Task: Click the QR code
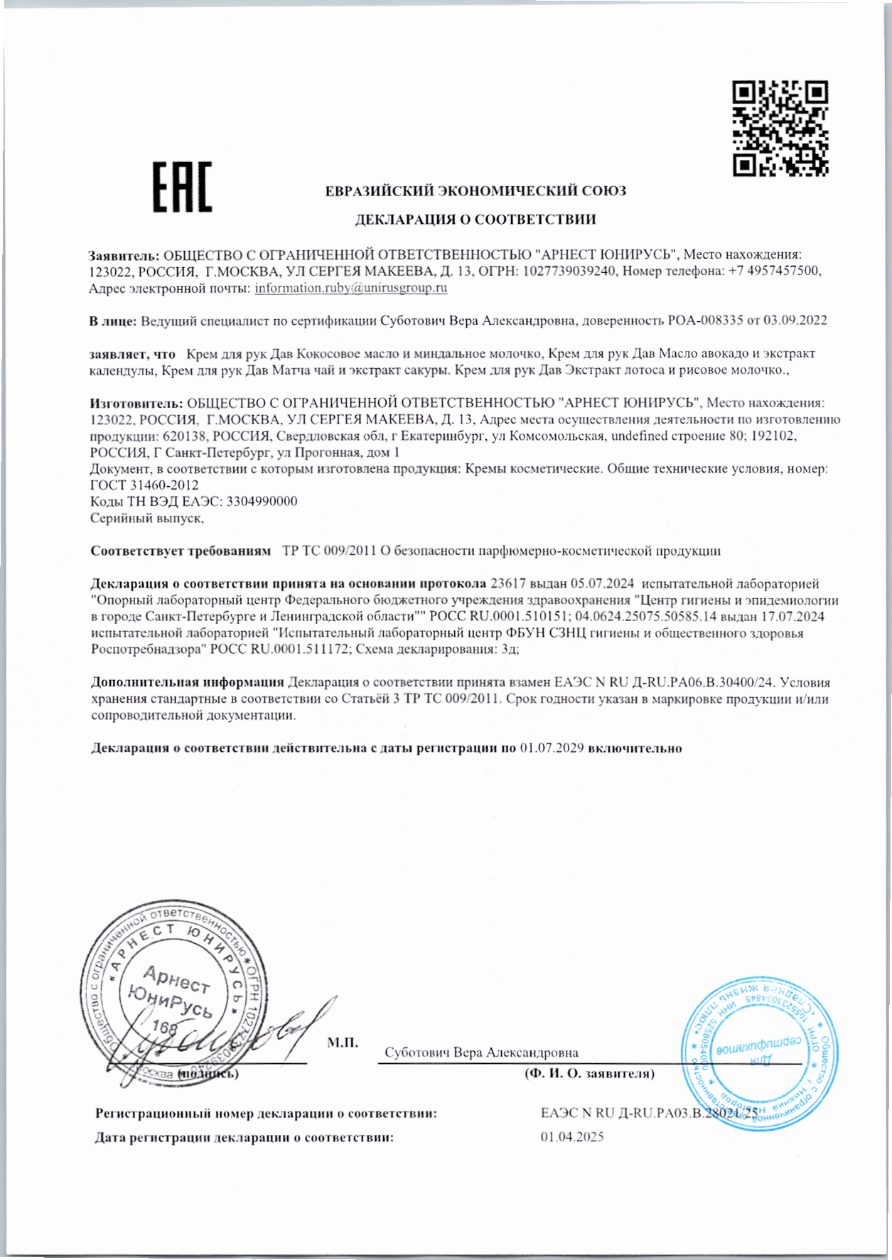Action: (780, 128)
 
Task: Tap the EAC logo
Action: (183, 187)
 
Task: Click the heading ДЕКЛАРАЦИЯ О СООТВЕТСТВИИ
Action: (475, 220)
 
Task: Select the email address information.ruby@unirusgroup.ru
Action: (351, 288)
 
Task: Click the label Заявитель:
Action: (124, 254)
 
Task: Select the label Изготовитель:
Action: (136, 403)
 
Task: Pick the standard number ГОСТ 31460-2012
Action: (144, 485)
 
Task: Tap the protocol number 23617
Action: (508, 583)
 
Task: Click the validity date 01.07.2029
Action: (552, 748)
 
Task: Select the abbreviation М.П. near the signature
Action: (342, 1043)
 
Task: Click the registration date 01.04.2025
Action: (572, 1137)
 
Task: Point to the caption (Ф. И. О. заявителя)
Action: (589, 1073)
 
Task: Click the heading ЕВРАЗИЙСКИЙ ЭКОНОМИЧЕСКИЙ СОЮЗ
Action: (475, 191)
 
